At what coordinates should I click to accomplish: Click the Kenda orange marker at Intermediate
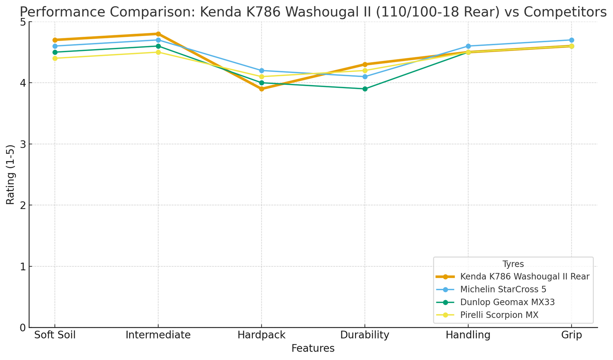158,34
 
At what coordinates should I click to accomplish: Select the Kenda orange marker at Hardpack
262,89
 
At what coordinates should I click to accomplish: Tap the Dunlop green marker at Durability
365,89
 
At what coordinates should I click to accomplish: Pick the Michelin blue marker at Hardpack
262,71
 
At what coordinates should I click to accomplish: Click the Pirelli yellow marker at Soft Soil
55,58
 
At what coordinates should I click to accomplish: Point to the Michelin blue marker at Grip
572,40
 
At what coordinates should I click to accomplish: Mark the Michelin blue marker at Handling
468,46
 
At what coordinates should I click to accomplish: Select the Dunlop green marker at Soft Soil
55,52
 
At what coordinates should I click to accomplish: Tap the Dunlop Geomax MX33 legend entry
507,302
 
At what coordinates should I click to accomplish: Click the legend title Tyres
513,263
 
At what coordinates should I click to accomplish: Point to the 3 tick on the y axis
23,144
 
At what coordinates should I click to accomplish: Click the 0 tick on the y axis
23,328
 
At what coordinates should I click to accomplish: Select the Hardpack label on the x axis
262,335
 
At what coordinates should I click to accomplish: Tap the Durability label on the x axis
365,335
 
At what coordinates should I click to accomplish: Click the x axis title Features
313,348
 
